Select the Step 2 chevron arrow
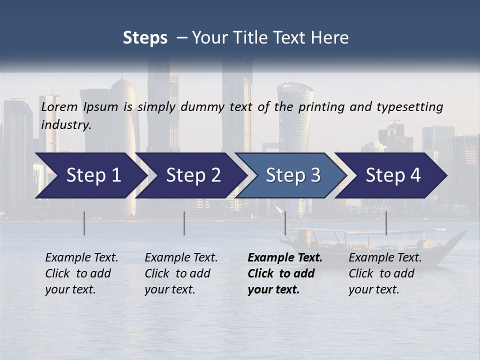point(193,175)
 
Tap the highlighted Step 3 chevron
point(292,175)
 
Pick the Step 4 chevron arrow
point(393,175)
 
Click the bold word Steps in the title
point(145,38)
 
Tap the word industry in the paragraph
point(65,125)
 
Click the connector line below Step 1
point(84,223)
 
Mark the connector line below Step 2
point(184,223)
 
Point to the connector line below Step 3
point(285,223)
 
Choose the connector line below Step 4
point(386,223)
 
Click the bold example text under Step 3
point(284,273)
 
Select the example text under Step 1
point(81,273)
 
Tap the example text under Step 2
point(181,273)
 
